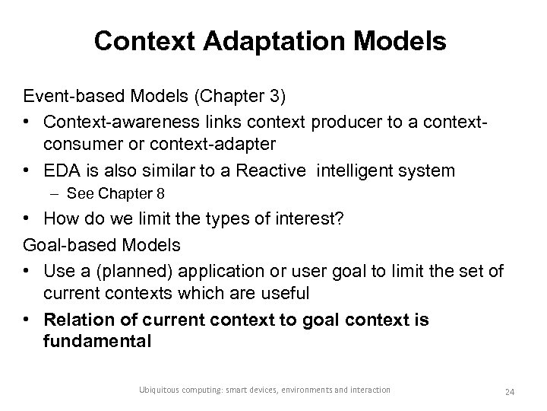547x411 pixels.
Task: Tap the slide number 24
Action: click(x=510, y=392)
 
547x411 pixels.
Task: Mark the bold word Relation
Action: click(x=74, y=319)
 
